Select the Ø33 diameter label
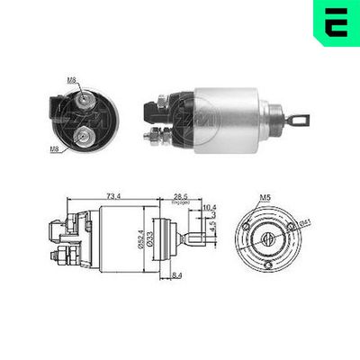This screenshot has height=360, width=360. (150, 237)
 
